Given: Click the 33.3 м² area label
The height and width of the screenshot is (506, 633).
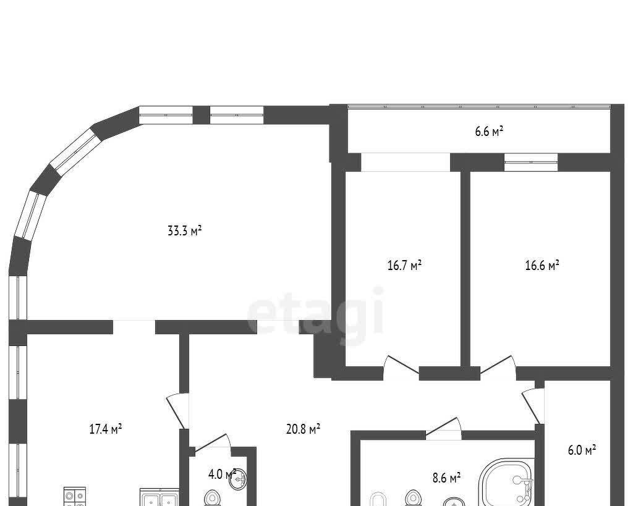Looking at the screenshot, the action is coord(184,231).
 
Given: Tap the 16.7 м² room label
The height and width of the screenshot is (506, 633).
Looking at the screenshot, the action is coord(404,266).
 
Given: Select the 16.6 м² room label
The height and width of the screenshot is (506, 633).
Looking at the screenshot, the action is coord(542,265).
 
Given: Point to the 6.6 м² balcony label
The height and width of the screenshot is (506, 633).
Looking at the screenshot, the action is coord(489,131).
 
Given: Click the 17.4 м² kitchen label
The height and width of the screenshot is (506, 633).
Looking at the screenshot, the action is coord(105,428).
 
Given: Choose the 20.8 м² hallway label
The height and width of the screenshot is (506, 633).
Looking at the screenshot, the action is coord(303,429).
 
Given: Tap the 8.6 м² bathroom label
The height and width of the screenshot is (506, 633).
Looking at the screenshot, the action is coord(446,478).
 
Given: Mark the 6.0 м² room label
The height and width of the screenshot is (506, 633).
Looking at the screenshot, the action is coord(582,450).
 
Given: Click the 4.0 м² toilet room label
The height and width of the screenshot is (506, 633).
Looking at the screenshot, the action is coord(221,474).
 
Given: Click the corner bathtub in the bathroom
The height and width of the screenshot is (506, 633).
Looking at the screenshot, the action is coord(506,482).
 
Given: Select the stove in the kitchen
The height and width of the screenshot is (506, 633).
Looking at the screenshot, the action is coord(75,496).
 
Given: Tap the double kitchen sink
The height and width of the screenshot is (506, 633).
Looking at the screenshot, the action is coord(159,497).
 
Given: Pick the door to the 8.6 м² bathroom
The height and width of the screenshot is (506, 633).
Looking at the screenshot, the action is coord(443,428).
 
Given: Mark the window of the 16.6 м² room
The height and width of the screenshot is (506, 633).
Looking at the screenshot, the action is coord(531,162).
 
